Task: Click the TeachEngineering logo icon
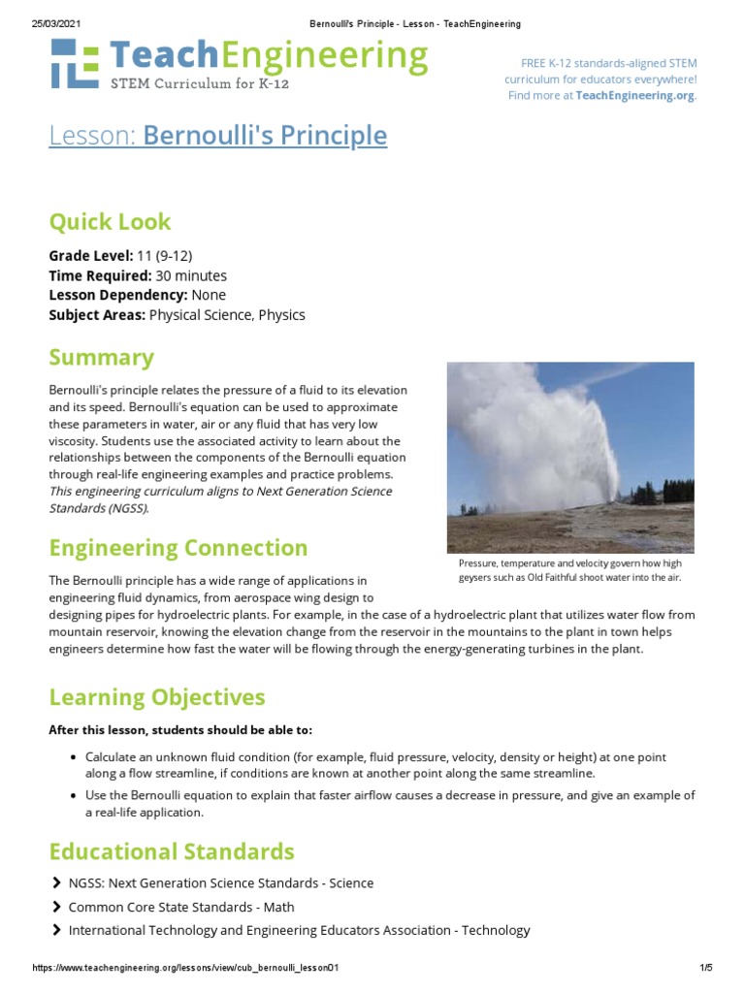(74, 64)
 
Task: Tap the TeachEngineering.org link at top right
(634, 95)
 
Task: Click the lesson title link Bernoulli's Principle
(265, 136)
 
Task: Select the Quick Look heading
(110, 222)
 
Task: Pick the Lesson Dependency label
(117, 295)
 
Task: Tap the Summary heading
(101, 358)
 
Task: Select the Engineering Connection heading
(178, 548)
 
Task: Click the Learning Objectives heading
(156, 697)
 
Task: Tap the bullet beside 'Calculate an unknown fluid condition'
(74, 756)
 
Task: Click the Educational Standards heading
(171, 852)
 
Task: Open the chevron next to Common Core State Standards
(55, 907)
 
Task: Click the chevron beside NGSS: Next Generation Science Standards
(55, 883)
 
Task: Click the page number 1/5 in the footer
(705, 968)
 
